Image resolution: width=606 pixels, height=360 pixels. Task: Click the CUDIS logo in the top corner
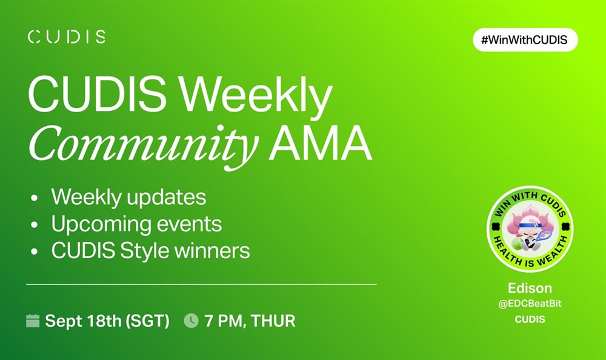tap(67, 37)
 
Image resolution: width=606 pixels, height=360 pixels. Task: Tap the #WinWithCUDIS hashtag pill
tap(525, 39)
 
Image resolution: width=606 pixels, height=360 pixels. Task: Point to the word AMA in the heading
tap(321, 142)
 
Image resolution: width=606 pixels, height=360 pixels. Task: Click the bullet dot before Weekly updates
tap(35, 198)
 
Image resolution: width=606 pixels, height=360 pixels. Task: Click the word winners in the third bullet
tap(212, 250)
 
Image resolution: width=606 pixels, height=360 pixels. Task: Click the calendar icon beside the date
tap(33, 321)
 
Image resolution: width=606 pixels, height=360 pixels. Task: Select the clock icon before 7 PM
tap(191, 321)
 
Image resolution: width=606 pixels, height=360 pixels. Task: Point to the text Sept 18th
tap(83, 321)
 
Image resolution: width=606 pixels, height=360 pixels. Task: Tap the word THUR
tap(273, 321)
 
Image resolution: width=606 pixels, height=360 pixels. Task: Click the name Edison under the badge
tap(530, 288)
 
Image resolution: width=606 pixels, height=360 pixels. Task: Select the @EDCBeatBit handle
tap(530, 304)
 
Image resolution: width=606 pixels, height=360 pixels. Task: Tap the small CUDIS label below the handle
tap(530, 319)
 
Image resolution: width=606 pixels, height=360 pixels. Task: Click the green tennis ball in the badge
tap(518, 244)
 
